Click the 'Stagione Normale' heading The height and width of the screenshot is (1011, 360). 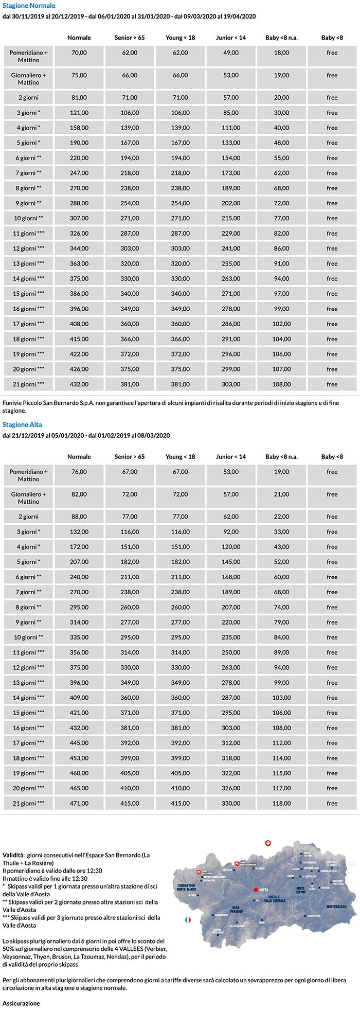29,6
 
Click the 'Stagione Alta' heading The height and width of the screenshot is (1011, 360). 22,424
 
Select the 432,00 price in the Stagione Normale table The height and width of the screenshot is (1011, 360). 79,384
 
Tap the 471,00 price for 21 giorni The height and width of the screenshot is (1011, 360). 79,803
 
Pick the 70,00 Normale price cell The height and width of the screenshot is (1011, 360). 79,52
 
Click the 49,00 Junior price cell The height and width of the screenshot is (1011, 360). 231,52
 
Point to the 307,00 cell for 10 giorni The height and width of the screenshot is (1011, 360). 79,218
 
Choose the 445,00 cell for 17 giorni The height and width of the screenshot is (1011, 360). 79,743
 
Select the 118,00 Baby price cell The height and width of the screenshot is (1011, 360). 281,803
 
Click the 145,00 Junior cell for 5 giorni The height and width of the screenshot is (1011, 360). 231,562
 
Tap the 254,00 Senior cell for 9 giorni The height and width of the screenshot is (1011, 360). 130,203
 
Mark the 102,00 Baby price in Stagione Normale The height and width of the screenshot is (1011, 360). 281,324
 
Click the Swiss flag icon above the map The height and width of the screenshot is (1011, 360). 267,843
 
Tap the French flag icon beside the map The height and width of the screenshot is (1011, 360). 188,919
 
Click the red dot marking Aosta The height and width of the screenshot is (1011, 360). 255,889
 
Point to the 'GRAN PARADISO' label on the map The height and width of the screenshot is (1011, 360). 236,909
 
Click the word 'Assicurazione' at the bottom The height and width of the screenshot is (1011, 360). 21,1003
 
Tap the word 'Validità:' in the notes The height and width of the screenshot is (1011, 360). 13,855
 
